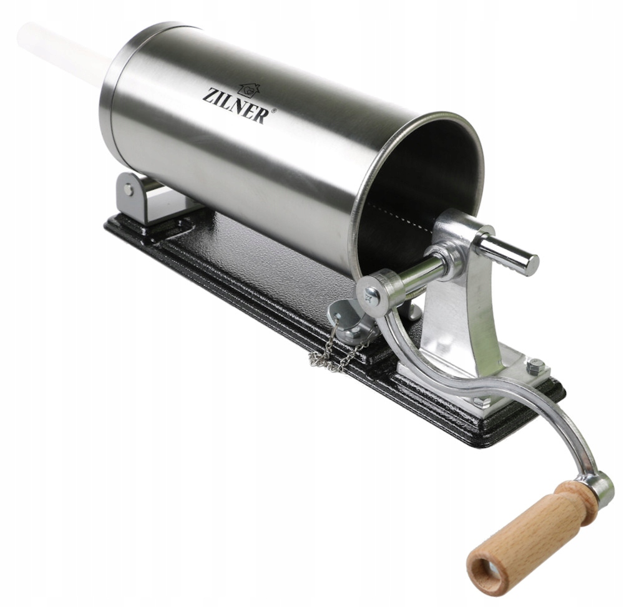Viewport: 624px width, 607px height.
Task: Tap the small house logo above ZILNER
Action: click(x=248, y=90)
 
